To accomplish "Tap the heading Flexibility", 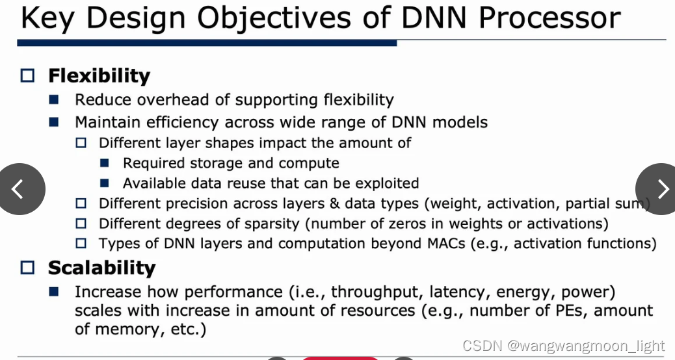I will (x=99, y=76).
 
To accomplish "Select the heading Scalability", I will (x=101, y=268).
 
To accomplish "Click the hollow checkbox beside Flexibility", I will (x=27, y=76).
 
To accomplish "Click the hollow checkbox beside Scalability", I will (x=27, y=268).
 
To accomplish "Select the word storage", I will (x=216, y=163).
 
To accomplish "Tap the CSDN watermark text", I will (x=563, y=346).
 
